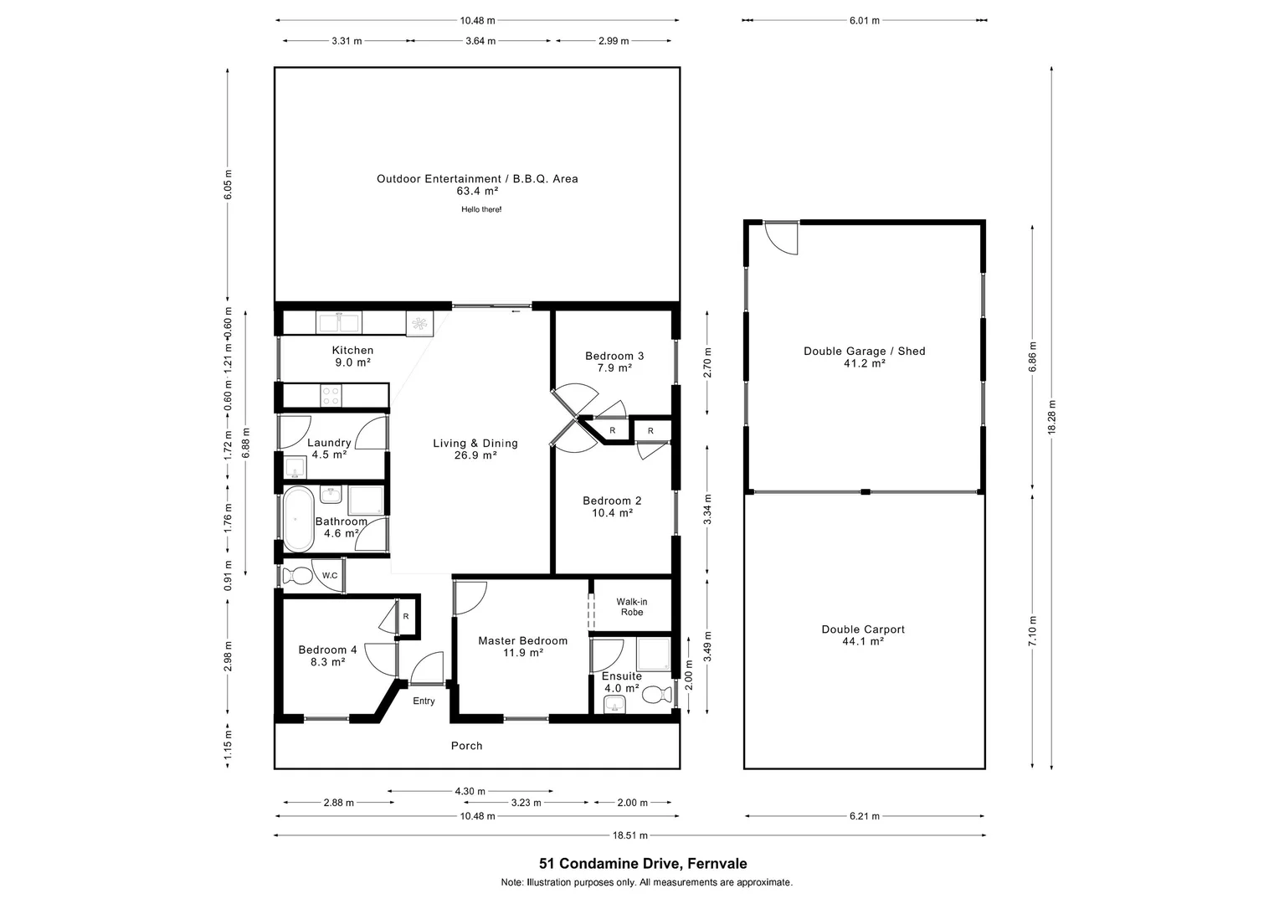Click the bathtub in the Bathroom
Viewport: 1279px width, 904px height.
tap(299, 520)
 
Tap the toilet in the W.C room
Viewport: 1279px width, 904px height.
tap(295, 576)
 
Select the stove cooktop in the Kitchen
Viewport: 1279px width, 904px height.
tap(331, 395)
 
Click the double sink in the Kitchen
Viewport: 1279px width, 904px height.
tap(339, 323)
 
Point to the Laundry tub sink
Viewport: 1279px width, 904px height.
tap(295, 465)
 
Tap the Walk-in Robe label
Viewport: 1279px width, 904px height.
tap(632, 607)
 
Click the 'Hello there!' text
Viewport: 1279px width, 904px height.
tap(481, 209)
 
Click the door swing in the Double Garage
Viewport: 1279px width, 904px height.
tap(783, 239)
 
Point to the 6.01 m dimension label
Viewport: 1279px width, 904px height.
tap(864, 20)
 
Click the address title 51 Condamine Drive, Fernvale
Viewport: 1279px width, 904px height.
tap(643, 864)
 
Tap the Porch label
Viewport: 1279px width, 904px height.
tap(466, 746)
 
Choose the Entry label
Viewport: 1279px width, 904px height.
tap(424, 701)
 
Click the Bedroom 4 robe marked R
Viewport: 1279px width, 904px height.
tap(406, 617)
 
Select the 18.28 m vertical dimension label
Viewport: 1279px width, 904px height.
tap(1052, 416)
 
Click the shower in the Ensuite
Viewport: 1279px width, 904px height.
tap(654, 655)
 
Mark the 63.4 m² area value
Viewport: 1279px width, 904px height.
tap(477, 191)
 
